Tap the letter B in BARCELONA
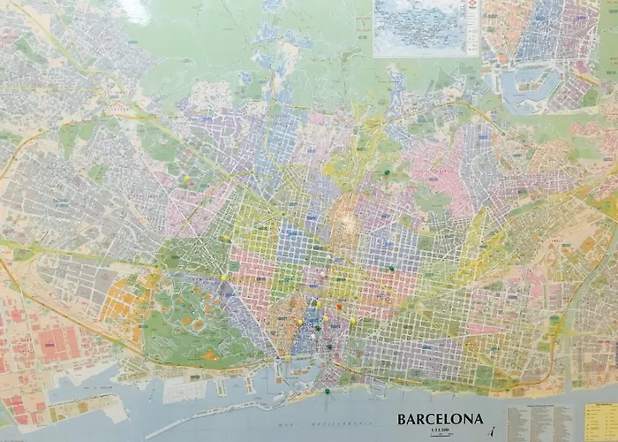pyautogui.click(x=403, y=419)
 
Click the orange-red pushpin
pyautogui.click(x=339, y=305)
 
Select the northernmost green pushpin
pyautogui.click(x=386, y=171)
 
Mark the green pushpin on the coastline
pyautogui.click(x=326, y=390)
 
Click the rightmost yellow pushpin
pyautogui.click(x=352, y=320)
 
